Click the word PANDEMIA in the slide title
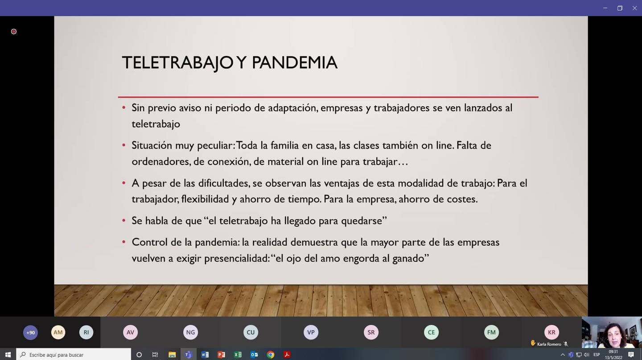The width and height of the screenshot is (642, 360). (x=295, y=62)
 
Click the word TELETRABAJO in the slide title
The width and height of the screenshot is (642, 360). (x=177, y=63)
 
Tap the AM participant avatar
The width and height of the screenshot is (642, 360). (x=58, y=332)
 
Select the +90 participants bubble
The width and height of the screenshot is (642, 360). (x=30, y=332)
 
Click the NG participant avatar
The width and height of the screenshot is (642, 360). (x=190, y=332)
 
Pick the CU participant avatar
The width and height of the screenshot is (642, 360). (x=251, y=332)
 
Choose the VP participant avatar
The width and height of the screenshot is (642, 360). (x=311, y=332)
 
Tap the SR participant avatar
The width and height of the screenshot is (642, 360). (x=371, y=332)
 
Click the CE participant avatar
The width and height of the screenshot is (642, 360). (x=431, y=332)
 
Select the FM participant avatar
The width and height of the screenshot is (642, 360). (x=491, y=332)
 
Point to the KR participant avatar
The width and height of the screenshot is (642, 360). (x=551, y=332)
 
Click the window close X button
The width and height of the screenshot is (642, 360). (x=634, y=8)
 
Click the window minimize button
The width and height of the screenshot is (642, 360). (x=605, y=8)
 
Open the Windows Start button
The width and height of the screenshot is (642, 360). (x=8, y=355)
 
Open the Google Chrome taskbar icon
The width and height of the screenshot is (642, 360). (x=270, y=355)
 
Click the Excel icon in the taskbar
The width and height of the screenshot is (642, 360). (x=238, y=355)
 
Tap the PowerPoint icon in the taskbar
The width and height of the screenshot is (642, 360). (x=221, y=355)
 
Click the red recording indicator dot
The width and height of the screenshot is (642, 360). (x=13, y=32)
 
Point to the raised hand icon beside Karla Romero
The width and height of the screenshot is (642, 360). (x=533, y=343)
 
